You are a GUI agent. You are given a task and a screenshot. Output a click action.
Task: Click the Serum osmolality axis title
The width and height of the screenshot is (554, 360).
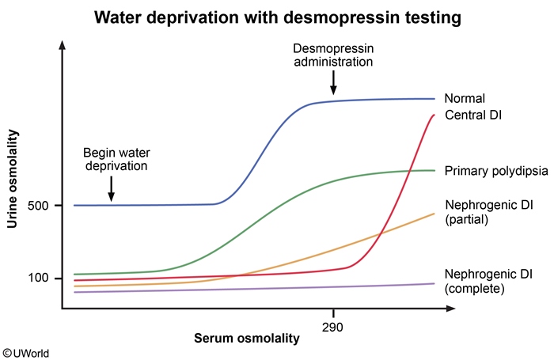[247, 339]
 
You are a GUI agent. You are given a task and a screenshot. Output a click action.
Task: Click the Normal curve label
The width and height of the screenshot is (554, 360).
[465, 99]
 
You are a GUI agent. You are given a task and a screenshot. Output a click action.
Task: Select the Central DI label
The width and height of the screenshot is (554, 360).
[474, 116]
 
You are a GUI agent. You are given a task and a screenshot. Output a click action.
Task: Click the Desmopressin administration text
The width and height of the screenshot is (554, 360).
[334, 53]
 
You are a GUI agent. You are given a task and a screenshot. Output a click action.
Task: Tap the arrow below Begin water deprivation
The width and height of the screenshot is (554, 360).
[112, 188]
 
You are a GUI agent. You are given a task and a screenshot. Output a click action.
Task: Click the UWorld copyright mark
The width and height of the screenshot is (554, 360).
[26, 352]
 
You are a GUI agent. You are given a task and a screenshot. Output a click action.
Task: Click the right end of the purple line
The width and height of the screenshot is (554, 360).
[434, 284]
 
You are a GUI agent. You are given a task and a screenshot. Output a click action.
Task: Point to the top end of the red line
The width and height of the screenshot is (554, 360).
[434, 116]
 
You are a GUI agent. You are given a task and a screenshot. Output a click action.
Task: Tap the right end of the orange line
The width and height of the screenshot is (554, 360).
[434, 214]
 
